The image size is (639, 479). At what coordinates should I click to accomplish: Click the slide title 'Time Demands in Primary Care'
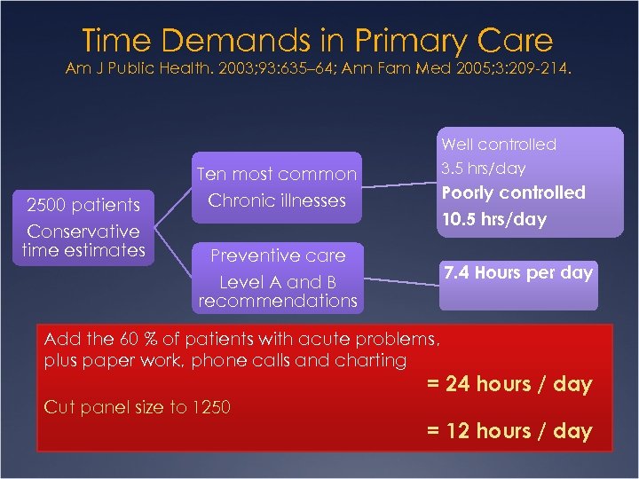[x=318, y=40]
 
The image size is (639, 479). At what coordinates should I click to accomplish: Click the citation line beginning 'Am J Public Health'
[x=319, y=69]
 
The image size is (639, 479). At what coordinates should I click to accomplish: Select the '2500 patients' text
[x=83, y=205]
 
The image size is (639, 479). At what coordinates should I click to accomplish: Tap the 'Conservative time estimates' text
[x=83, y=240]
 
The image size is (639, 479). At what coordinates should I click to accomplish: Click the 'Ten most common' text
[x=276, y=174]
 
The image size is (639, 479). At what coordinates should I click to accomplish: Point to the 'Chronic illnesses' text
[x=276, y=200]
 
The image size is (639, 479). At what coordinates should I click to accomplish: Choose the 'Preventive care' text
[x=276, y=255]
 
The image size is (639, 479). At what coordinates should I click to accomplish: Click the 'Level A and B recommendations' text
[x=276, y=292]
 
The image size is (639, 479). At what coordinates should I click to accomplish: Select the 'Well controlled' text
[x=499, y=145]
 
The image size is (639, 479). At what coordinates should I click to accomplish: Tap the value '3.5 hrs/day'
[x=484, y=169]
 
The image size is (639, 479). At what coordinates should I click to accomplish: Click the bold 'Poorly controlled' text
[x=513, y=192]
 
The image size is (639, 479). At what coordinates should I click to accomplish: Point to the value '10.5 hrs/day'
[x=494, y=218]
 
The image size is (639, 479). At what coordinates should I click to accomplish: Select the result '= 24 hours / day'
[x=509, y=384]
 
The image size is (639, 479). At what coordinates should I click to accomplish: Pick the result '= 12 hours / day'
[x=509, y=431]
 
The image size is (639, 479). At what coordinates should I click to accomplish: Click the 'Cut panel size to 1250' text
[x=137, y=407]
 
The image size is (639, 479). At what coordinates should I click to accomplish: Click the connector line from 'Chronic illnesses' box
[x=399, y=184]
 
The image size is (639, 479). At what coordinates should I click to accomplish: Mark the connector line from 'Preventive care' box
[x=399, y=282]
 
